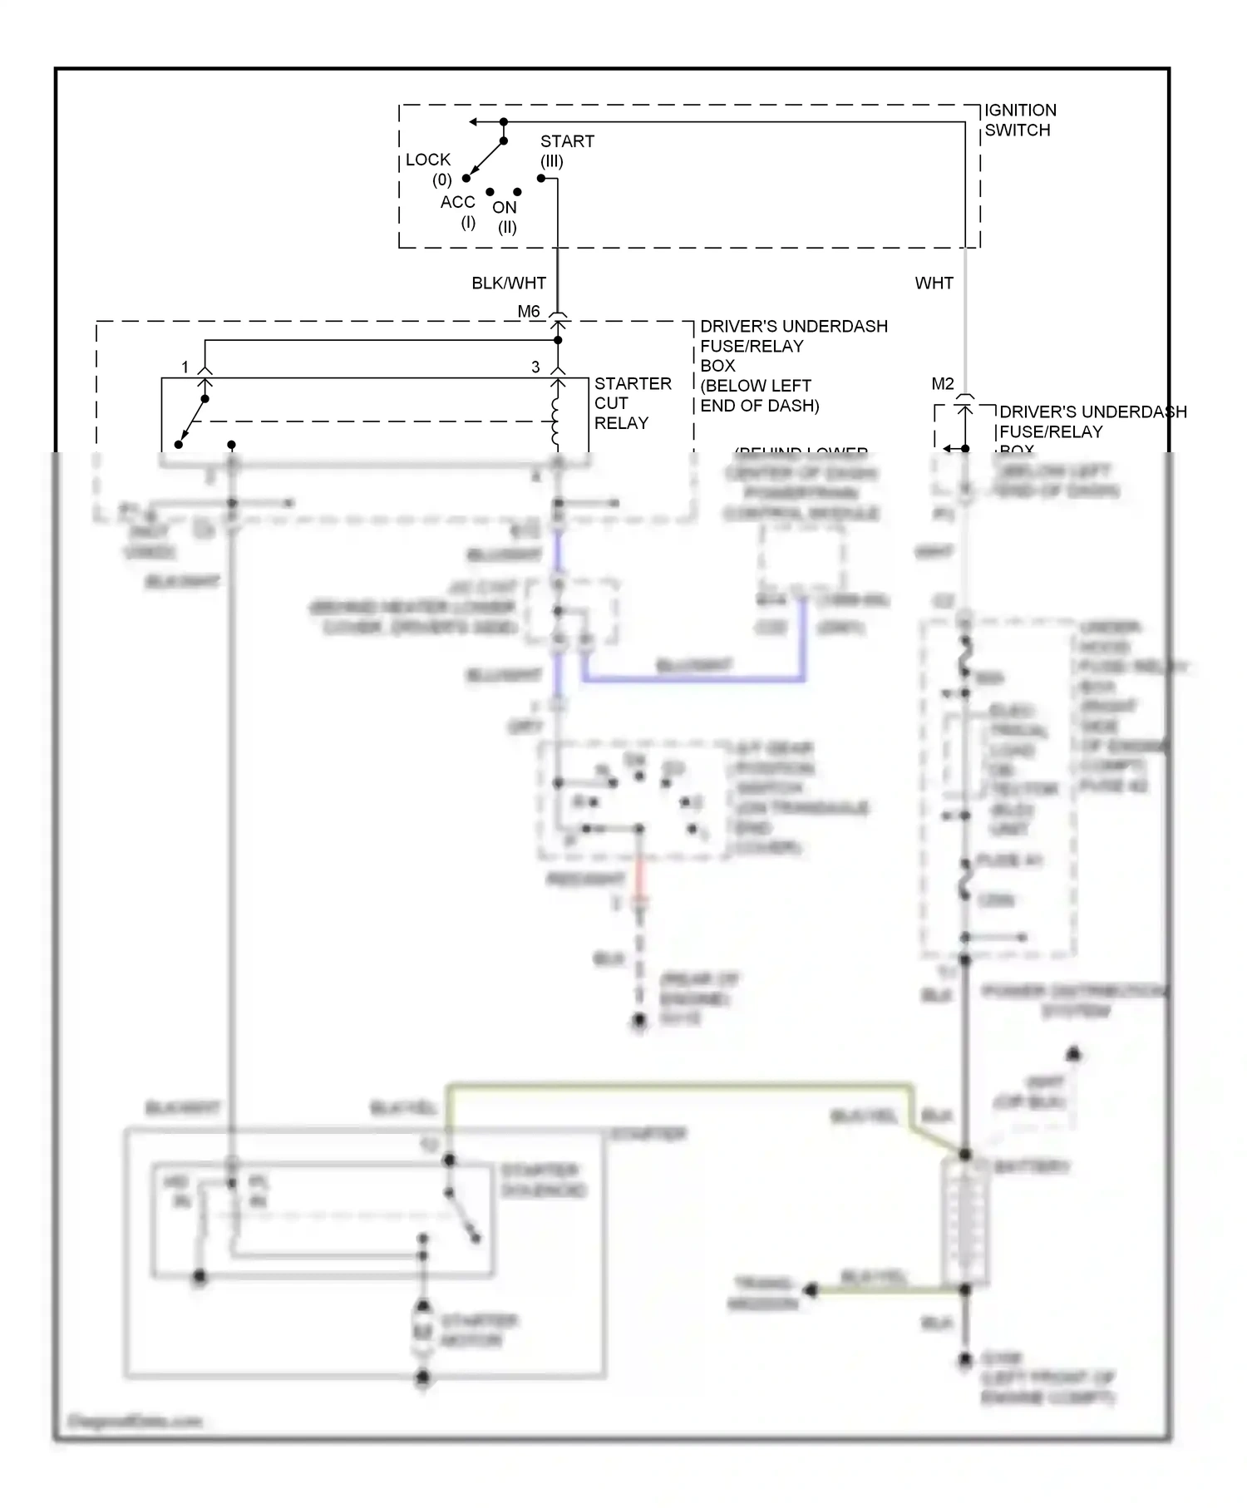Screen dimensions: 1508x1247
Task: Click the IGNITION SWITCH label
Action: click(1020, 120)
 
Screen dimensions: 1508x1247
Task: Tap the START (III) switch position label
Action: click(566, 150)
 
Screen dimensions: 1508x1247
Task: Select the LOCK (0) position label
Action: click(429, 169)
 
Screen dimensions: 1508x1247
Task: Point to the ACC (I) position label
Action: click(458, 211)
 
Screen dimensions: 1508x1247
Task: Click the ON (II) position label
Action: click(505, 216)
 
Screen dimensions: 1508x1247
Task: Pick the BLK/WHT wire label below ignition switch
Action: click(509, 283)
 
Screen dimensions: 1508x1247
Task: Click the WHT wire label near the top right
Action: click(934, 283)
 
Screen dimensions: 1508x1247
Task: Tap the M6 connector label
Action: click(529, 312)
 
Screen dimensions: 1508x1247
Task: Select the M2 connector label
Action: click(943, 384)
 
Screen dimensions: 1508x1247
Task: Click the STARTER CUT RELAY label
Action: click(632, 403)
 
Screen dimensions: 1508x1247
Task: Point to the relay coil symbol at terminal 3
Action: click(556, 420)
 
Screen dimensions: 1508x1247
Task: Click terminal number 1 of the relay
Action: click(185, 367)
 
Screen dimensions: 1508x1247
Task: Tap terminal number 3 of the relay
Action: click(535, 367)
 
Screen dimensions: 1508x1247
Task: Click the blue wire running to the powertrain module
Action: click(694, 680)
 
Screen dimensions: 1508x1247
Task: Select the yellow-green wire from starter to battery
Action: click(682, 1085)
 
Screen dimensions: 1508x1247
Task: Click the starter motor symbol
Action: click(423, 1330)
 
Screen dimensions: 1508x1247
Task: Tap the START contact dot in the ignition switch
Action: click(541, 179)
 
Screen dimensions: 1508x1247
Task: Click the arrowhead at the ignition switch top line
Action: click(472, 122)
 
